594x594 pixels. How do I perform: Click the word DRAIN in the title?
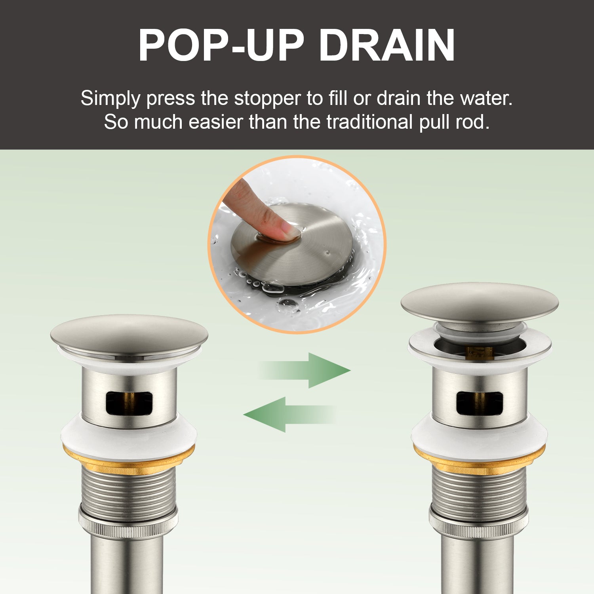387,45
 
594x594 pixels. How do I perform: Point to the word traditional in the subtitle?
370,122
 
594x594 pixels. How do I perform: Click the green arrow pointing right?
305,370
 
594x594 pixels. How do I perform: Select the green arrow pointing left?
289,415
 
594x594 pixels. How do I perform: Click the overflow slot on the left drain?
129,403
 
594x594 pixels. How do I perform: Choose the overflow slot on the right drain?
480,403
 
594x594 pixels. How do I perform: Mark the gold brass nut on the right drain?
480,459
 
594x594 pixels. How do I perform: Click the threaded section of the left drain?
129,489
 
